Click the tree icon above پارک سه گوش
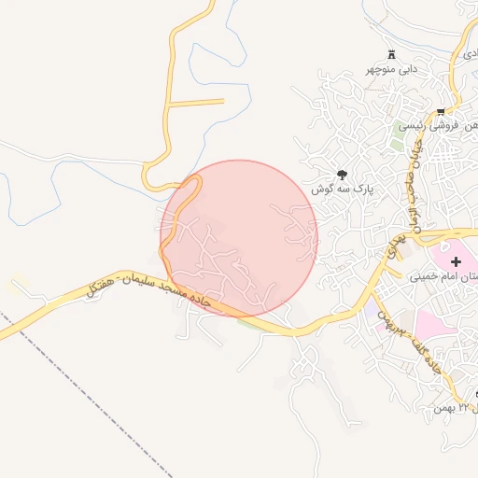pyautogui.click(x=343, y=174)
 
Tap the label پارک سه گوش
pyautogui.click(x=343, y=188)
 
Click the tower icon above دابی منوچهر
pyautogui.click(x=390, y=55)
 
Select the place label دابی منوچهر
pyautogui.click(x=390, y=69)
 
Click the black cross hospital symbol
pyautogui.click(x=456, y=261)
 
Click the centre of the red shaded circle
pyautogui.click(x=239, y=238)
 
